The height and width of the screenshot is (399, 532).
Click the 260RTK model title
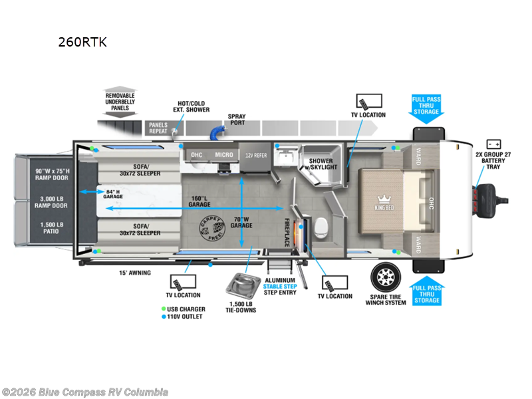pyautogui.click(x=82, y=42)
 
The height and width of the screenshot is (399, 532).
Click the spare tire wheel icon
pyautogui.click(x=386, y=275)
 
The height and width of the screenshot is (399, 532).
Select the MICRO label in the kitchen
pyautogui.click(x=223, y=155)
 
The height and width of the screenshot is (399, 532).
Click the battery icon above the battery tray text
pyautogui.click(x=493, y=144)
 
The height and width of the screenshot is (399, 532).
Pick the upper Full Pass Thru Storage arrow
pyautogui.click(x=426, y=106)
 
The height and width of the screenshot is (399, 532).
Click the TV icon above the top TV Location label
pyautogui.click(x=368, y=102)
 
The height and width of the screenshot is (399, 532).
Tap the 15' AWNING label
pyautogui.click(x=135, y=273)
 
